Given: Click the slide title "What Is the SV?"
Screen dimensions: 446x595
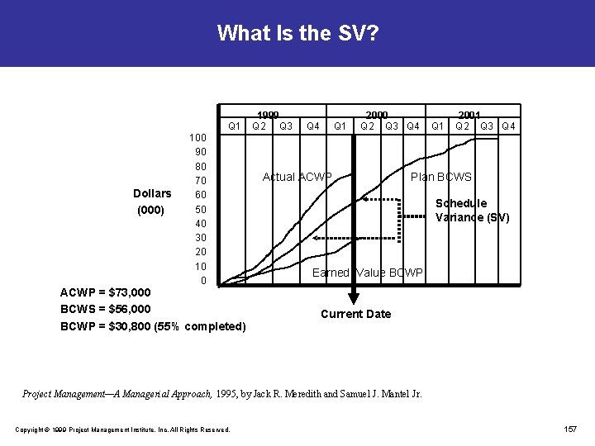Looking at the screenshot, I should [x=297, y=33].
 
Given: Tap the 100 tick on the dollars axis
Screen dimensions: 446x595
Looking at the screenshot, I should [x=198, y=137].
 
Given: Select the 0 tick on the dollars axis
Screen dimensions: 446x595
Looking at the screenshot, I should [x=203, y=281].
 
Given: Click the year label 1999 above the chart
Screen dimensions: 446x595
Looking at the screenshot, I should [x=268, y=115].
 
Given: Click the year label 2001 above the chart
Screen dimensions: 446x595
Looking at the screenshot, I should [x=469, y=115].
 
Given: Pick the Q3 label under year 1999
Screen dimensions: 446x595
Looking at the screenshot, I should [x=285, y=126].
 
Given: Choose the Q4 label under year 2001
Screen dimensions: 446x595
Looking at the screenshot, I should [x=508, y=126].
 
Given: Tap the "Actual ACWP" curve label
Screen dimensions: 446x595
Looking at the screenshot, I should [x=297, y=177].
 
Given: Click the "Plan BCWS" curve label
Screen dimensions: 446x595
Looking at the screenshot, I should [x=441, y=177].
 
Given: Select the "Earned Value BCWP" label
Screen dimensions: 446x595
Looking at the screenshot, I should [x=367, y=273].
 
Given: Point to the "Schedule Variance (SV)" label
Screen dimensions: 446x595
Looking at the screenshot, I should [x=472, y=211].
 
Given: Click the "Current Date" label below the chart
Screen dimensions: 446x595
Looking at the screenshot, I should [x=355, y=314].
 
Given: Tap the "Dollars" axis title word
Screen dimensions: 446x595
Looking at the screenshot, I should [x=152, y=194].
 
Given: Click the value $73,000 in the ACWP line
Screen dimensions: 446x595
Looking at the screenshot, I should [x=130, y=292].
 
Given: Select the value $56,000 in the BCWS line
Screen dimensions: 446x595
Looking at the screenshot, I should [x=130, y=309].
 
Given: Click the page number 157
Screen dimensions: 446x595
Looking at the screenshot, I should [x=569, y=429].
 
